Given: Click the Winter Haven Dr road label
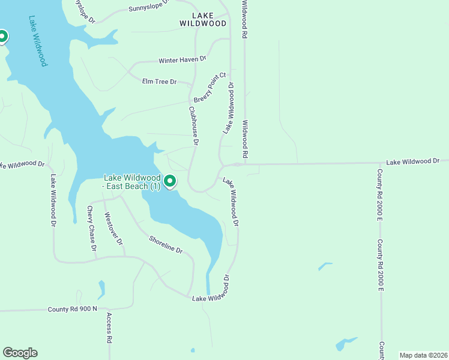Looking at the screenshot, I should (182, 60).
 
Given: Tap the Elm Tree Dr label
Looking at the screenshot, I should (159, 81).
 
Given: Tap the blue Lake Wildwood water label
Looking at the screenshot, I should (37, 40).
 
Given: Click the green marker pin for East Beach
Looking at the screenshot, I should (170, 181).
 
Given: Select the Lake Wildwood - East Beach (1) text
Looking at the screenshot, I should (132, 182).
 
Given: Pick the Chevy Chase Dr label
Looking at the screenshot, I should (91, 228).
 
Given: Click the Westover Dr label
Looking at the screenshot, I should (113, 229).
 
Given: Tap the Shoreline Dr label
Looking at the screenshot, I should (166, 244).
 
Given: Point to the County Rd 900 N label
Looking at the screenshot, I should (72, 309).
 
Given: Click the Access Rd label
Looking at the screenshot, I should (109, 328).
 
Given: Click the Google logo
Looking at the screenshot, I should (20, 353).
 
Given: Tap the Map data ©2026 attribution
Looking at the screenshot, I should (423, 355).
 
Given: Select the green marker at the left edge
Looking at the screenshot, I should (2, 37).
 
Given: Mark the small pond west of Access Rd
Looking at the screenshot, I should (101, 289).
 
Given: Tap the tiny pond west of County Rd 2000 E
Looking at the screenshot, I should (325, 265).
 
